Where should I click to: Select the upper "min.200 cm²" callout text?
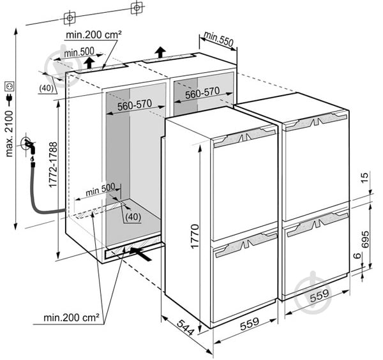(x=93, y=34)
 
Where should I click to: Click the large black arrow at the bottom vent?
(x=144, y=253)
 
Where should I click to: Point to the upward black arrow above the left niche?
(x=91, y=62)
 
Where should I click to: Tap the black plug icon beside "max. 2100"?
(x=10, y=98)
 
